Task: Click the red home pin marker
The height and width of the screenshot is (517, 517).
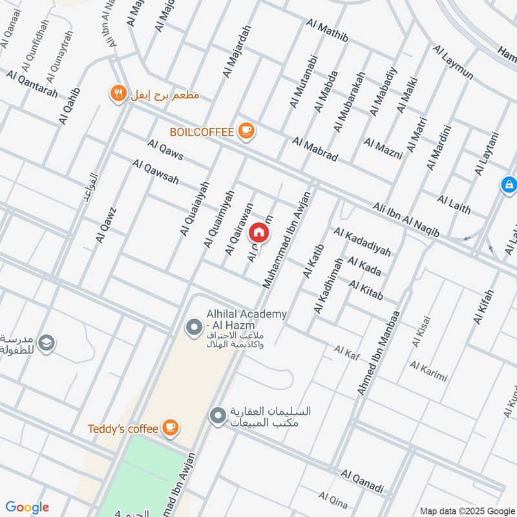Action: pyautogui.click(x=258, y=231)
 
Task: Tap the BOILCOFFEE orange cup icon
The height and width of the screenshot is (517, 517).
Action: pyautogui.click(x=246, y=131)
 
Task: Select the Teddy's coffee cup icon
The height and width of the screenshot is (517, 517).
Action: pyautogui.click(x=171, y=427)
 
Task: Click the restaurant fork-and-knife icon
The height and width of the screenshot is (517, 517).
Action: pyautogui.click(x=118, y=94)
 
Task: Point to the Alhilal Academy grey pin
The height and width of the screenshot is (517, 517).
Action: pyautogui.click(x=193, y=328)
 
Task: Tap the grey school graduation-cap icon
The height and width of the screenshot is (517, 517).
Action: pyautogui.click(x=46, y=343)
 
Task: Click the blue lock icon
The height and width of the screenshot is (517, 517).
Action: pyautogui.click(x=509, y=186)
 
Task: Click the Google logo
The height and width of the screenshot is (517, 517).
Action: pyautogui.click(x=27, y=507)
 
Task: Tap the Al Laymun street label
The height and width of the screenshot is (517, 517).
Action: pyautogui.click(x=453, y=62)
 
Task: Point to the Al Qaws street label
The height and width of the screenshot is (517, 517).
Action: pyautogui.click(x=165, y=151)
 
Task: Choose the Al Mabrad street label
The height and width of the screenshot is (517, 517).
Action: pyautogui.click(x=315, y=149)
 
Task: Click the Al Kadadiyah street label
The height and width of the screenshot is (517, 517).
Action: pyautogui.click(x=362, y=241)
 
